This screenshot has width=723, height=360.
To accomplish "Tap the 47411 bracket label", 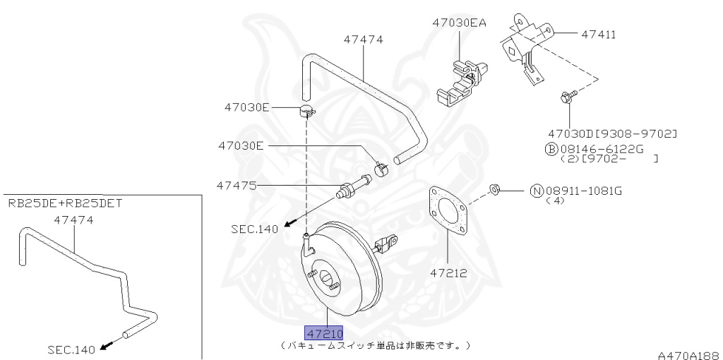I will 598,33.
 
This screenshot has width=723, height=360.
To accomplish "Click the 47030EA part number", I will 460,23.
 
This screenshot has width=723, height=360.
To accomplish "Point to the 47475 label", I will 237,186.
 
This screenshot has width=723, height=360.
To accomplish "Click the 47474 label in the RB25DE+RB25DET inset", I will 74,220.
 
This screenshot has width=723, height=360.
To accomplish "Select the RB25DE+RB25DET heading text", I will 66,203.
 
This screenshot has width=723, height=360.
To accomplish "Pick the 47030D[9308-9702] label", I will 613,133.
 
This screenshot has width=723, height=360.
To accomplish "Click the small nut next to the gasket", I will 496,189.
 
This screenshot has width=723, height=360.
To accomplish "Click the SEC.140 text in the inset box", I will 71,349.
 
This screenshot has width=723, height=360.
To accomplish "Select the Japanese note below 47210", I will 375,345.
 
